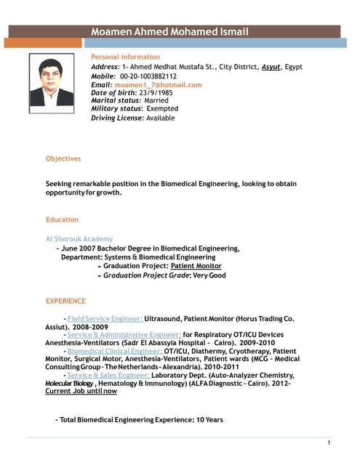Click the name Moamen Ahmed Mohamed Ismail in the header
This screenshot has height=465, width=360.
click(x=169, y=32)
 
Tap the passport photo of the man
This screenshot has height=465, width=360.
click(x=51, y=83)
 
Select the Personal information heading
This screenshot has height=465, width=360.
click(x=125, y=57)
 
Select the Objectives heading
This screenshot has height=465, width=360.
click(x=63, y=158)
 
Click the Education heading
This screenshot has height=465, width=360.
click(x=62, y=219)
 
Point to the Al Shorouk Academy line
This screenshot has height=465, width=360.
click(x=79, y=239)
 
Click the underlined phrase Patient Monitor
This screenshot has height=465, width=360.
click(x=196, y=266)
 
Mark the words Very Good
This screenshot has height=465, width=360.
click(x=209, y=275)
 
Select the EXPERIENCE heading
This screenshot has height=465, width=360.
click(x=65, y=300)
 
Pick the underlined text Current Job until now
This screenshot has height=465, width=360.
click(x=81, y=391)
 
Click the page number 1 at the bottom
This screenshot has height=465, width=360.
click(x=329, y=443)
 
